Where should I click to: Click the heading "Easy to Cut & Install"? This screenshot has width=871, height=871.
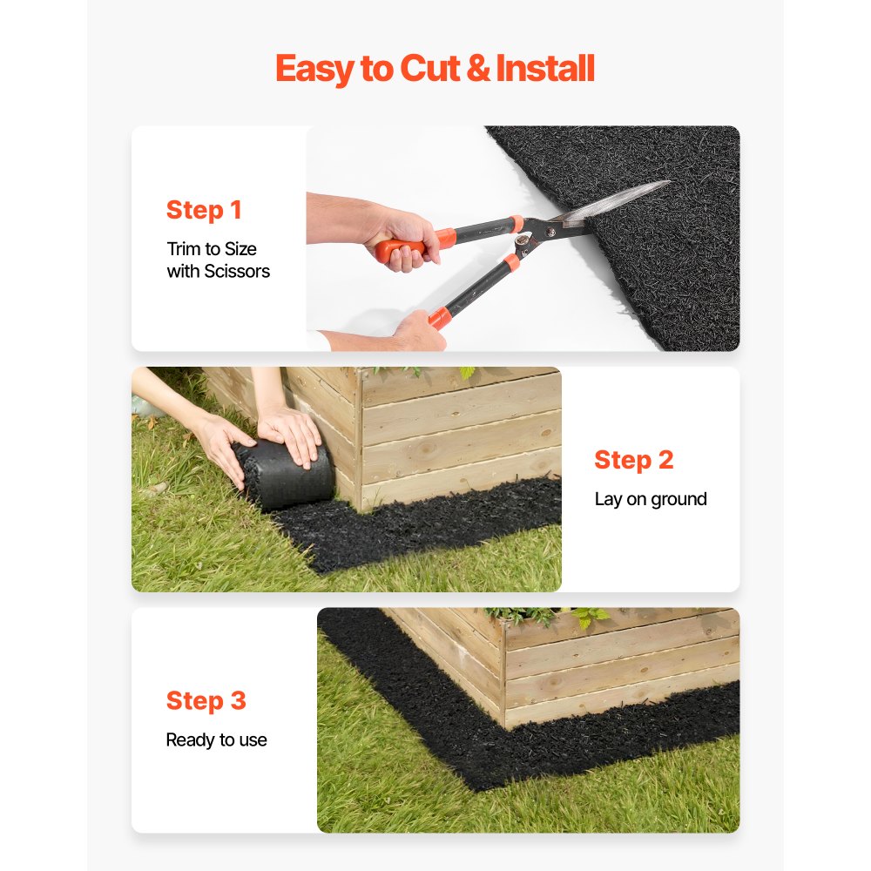coord(435,69)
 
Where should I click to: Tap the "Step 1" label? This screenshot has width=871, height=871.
coord(204,210)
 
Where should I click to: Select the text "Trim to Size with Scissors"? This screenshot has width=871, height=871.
coord(218,260)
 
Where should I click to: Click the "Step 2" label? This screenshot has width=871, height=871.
coord(633,460)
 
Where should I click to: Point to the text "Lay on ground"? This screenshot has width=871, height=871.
coord(650,499)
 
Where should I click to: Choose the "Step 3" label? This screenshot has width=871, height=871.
coord(206,700)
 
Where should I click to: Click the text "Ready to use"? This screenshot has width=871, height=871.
coord(216,740)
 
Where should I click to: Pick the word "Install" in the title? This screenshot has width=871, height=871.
coord(545,69)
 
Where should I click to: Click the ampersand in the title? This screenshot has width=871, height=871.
coord(478,69)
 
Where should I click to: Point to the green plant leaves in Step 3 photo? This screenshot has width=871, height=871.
coord(557,617)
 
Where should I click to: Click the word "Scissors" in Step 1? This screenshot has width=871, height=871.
coord(237,272)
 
